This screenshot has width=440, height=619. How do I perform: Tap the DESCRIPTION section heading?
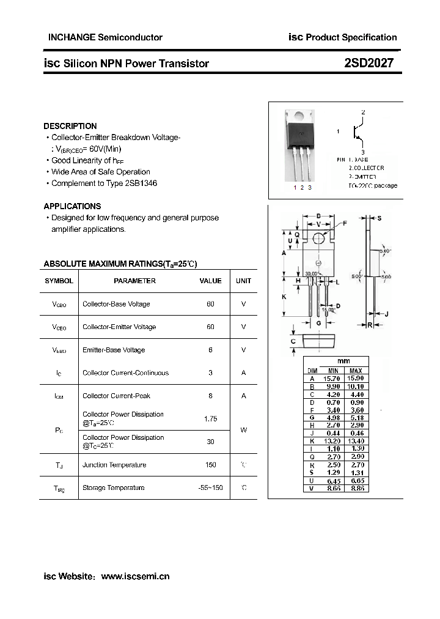pyautogui.click(x=70, y=126)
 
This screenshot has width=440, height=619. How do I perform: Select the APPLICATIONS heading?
pyautogui.click(x=72, y=206)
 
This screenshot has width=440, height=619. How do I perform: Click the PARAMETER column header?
pyautogui.click(x=134, y=281)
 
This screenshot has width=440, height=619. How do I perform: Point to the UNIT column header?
pyautogui.click(x=243, y=281)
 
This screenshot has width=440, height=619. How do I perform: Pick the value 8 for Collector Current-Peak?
pyautogui.click(x=210, y=396)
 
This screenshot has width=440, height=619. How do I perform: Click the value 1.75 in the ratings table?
pyautogui.click(x=210, y=419)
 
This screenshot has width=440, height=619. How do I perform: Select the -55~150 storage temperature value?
pyautogui.click(x=210, y=487)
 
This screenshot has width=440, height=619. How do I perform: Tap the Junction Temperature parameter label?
pyautogui.click(x=114, y=465)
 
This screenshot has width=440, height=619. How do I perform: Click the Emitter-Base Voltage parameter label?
pyautogui.click(x=114, y=350)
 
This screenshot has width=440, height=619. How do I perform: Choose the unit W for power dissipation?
pyautogui.click(x=243, y=430)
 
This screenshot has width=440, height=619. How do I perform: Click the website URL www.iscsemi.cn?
pyautogui.click(x=135, y=576)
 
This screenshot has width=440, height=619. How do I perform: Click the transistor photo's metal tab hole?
pyautogui.click(x=301, y=116)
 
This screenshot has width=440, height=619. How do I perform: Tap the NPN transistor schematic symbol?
pyautogui.click(x=358, y=132)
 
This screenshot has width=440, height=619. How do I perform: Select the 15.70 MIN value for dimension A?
pyautogui.click(x=333, y=379)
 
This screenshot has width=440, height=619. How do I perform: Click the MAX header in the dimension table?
pyautogui.click(x=356, y=371)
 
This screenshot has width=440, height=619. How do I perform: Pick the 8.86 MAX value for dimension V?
pyautogui.click(x=356, y=489)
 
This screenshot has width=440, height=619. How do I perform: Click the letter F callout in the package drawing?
pyautogui.click(x=345, y=224)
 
